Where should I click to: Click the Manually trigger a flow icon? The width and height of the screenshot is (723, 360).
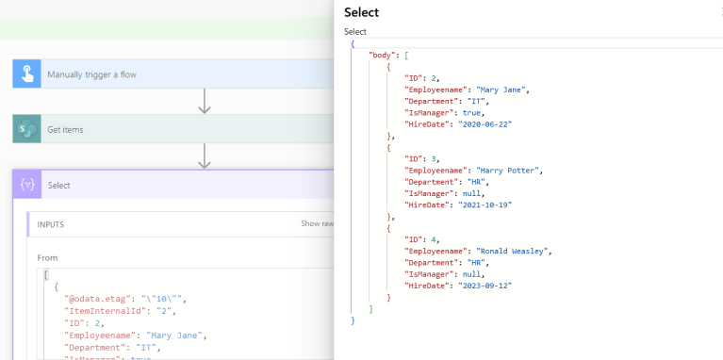pyautogui.click(x=27, y=74)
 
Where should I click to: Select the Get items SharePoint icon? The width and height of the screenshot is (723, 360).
pyautogui.click(x=27, y=129)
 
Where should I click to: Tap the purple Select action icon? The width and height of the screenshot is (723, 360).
pyautogui.click(x=27, y=185)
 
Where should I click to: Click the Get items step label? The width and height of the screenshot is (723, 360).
pyautogui.click(x=65, y=129)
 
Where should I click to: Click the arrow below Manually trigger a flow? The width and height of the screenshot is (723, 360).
pyautogui.click(x=204, y=101)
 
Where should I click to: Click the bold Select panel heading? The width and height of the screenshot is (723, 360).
pyautogui.click(x=361, y=12)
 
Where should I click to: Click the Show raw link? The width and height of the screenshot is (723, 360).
pyautogui.click(x=316, y=224)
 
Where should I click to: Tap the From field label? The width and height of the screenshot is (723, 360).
pyautogui.click(x=48, y=257)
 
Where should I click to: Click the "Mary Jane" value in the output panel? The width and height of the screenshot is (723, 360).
pyautogui.click(x=502, y=90)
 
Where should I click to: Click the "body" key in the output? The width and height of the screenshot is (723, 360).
pyautogui.click(x=381, y=56)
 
